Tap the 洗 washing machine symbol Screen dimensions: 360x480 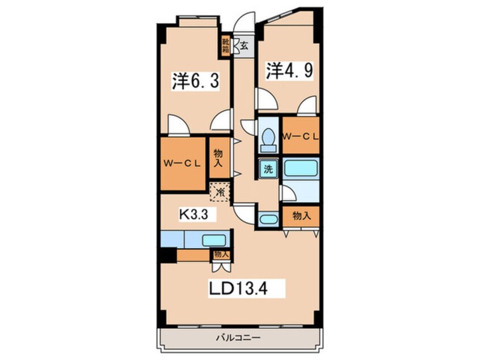click(266, 169)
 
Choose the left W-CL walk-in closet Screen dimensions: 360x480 click(183, 164)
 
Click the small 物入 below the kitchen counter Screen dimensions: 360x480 click(221, 254)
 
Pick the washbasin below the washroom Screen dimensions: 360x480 click(267, 220)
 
